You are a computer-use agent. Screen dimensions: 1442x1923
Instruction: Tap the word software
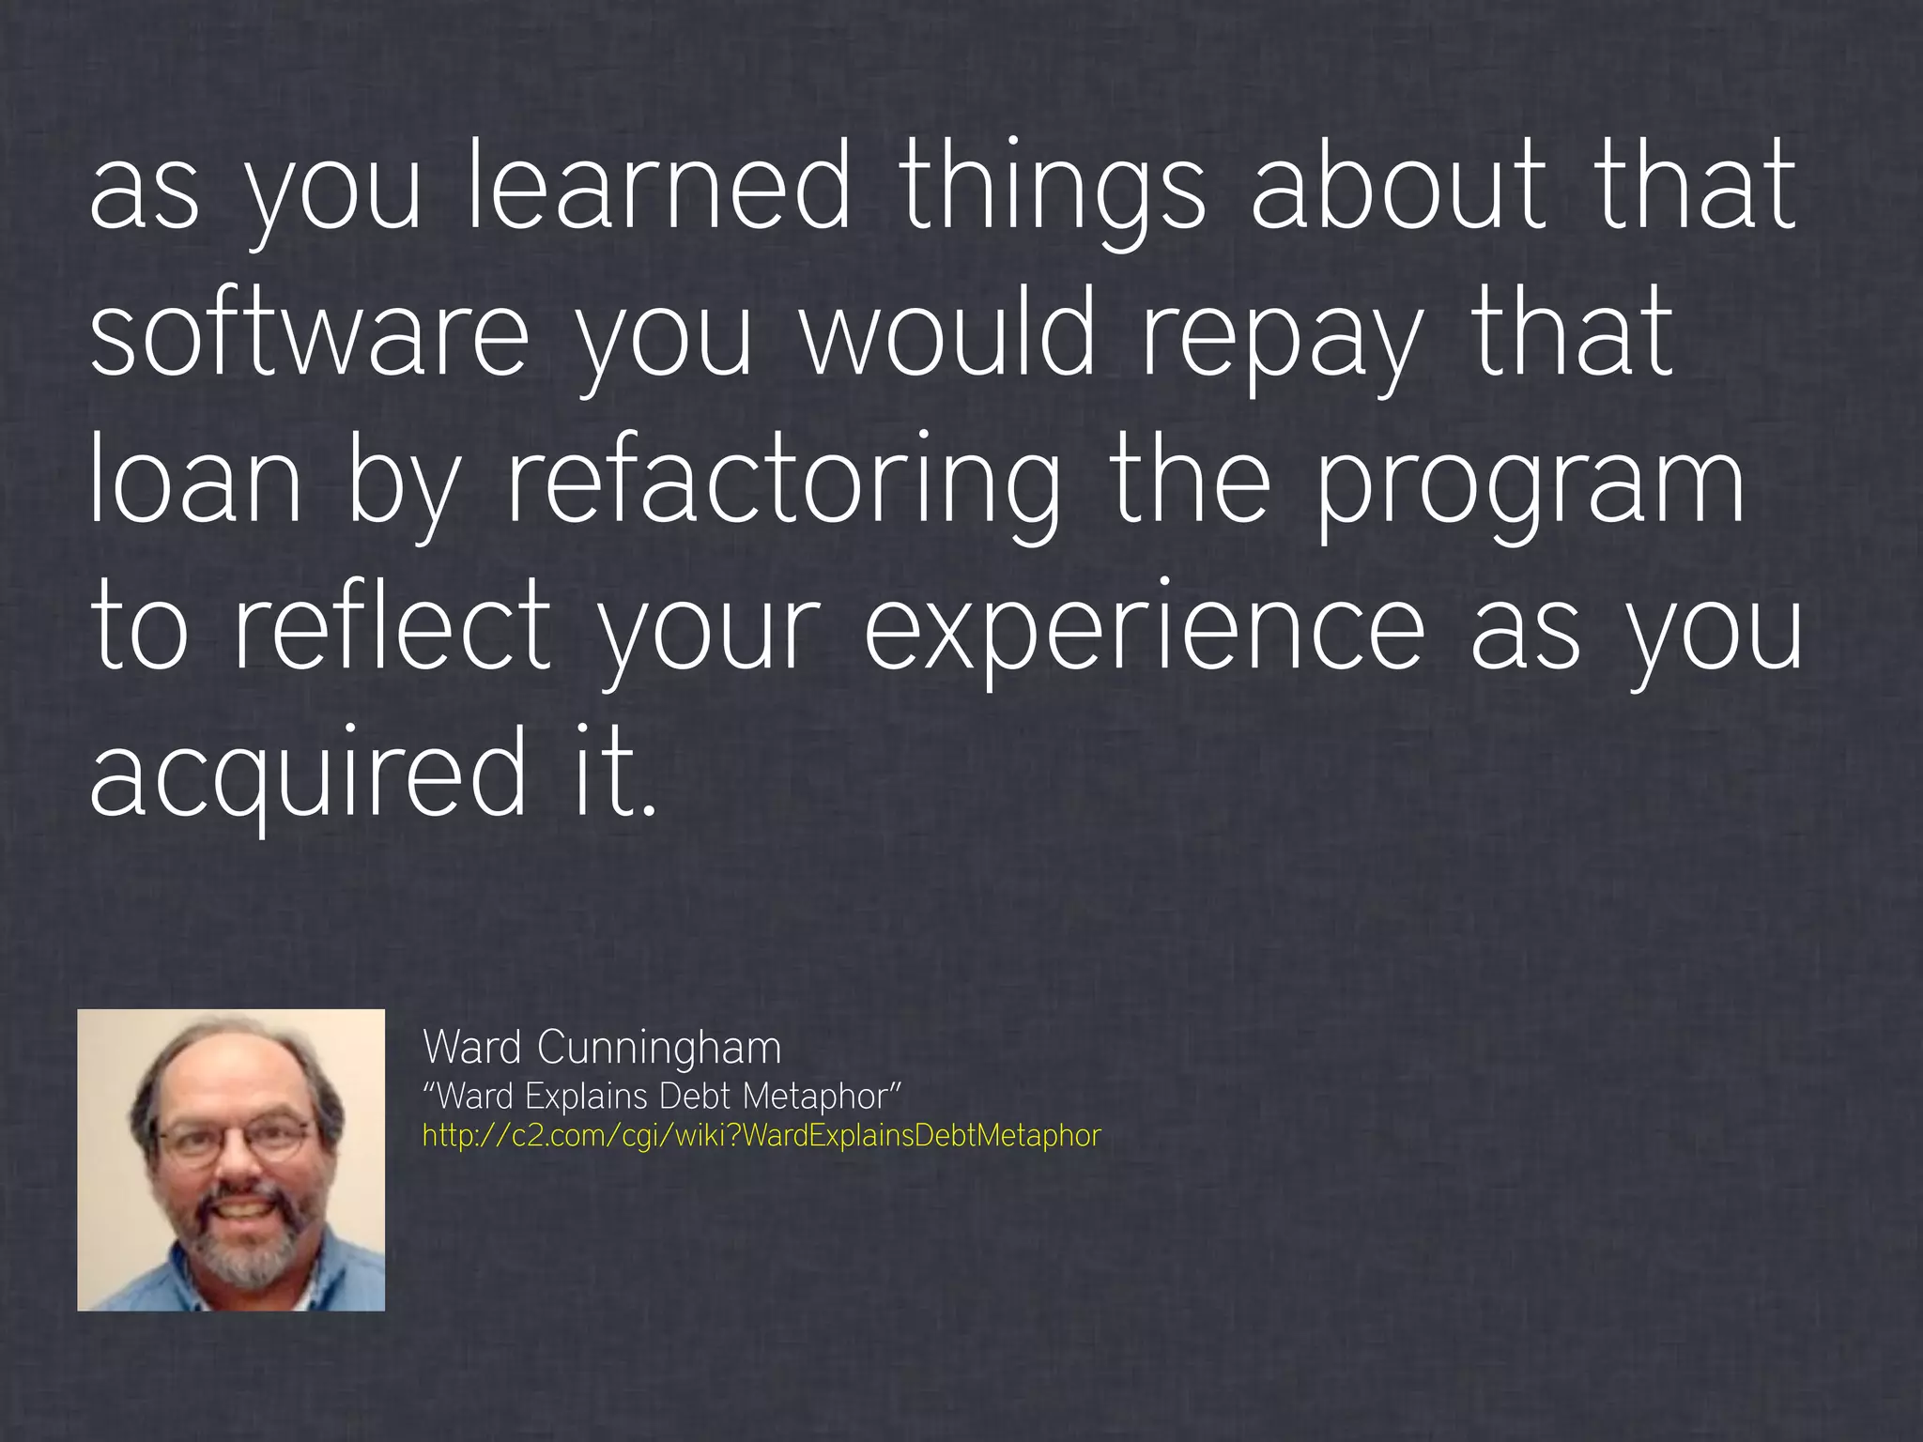coord(310,333)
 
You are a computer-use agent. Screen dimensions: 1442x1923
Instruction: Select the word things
coord(1052,188)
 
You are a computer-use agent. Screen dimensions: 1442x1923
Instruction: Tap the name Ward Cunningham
coord(602,1047)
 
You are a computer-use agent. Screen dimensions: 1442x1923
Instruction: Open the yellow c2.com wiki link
coord(761,1136)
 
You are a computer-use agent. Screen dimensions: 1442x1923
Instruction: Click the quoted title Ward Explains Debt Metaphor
coord(662,1096)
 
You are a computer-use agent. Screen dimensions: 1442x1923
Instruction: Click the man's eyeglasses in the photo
coord(233,1139)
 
